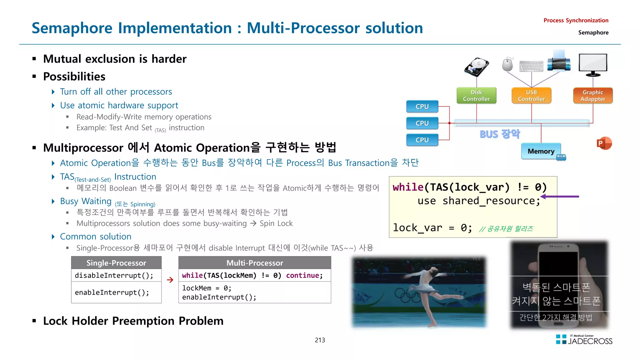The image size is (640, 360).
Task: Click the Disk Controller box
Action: tap(476, 96)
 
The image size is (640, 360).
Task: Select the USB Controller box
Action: tap(531, 96)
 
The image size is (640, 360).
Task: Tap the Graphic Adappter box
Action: tap(593, 96)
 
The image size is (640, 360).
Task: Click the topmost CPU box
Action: tap(422, 107)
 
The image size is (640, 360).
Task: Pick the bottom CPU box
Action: tap(422, 140)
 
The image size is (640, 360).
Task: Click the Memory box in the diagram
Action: tap(541, 151)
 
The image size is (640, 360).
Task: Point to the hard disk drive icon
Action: tap(477, 67)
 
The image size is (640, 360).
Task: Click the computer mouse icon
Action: tap(507, 64)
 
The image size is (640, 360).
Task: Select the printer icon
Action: tap(559, 61)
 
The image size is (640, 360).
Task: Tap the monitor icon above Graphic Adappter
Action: tap(593, 64)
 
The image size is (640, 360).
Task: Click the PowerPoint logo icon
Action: tap(604, 143)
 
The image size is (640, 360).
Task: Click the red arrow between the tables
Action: tap(170, 280)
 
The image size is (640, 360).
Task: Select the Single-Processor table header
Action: tap(116, 263)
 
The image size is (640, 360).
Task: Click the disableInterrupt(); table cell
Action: tap(114, 275)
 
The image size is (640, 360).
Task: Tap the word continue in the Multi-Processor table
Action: tap(302, 275)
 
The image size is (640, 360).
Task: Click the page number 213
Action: tap(320, 340)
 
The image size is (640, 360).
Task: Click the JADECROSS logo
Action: tap(584, 340)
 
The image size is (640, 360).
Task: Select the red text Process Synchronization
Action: tap(576, 20)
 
